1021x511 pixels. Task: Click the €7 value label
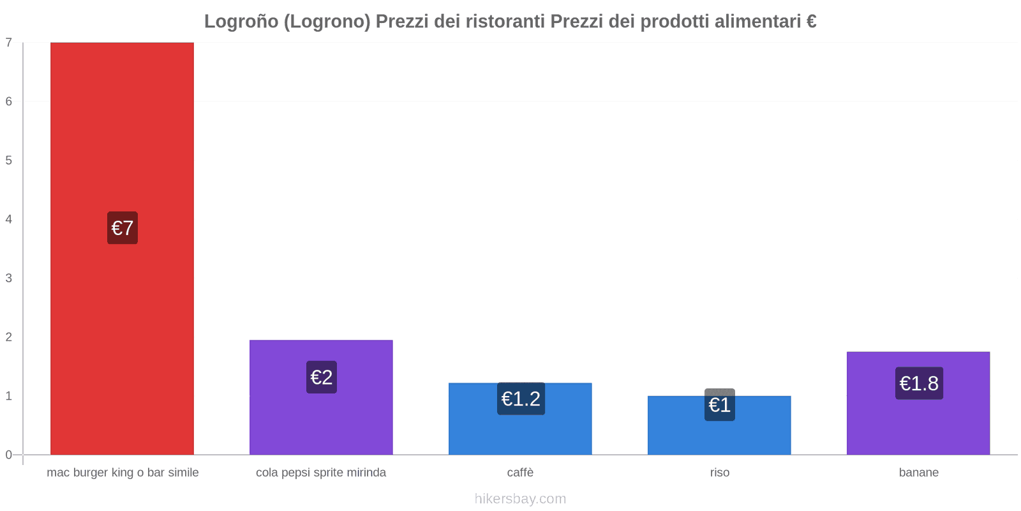[122, 228]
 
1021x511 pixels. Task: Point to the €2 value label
[321, 377]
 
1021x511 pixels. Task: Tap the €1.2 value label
[521, 399]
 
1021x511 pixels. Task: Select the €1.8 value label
[919, 383]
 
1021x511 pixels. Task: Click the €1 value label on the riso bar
[719, 405]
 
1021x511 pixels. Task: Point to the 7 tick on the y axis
[9, 43]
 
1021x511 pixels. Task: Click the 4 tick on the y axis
[9, 219]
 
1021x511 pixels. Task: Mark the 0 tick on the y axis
[9, 455]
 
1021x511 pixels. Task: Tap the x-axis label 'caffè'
[520, 473]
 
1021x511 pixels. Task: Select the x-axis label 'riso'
[719, 473]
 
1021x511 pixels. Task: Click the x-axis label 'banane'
[918, 473]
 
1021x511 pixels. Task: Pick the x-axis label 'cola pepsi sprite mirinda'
[321, 473]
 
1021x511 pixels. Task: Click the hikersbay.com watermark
[520, 499]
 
